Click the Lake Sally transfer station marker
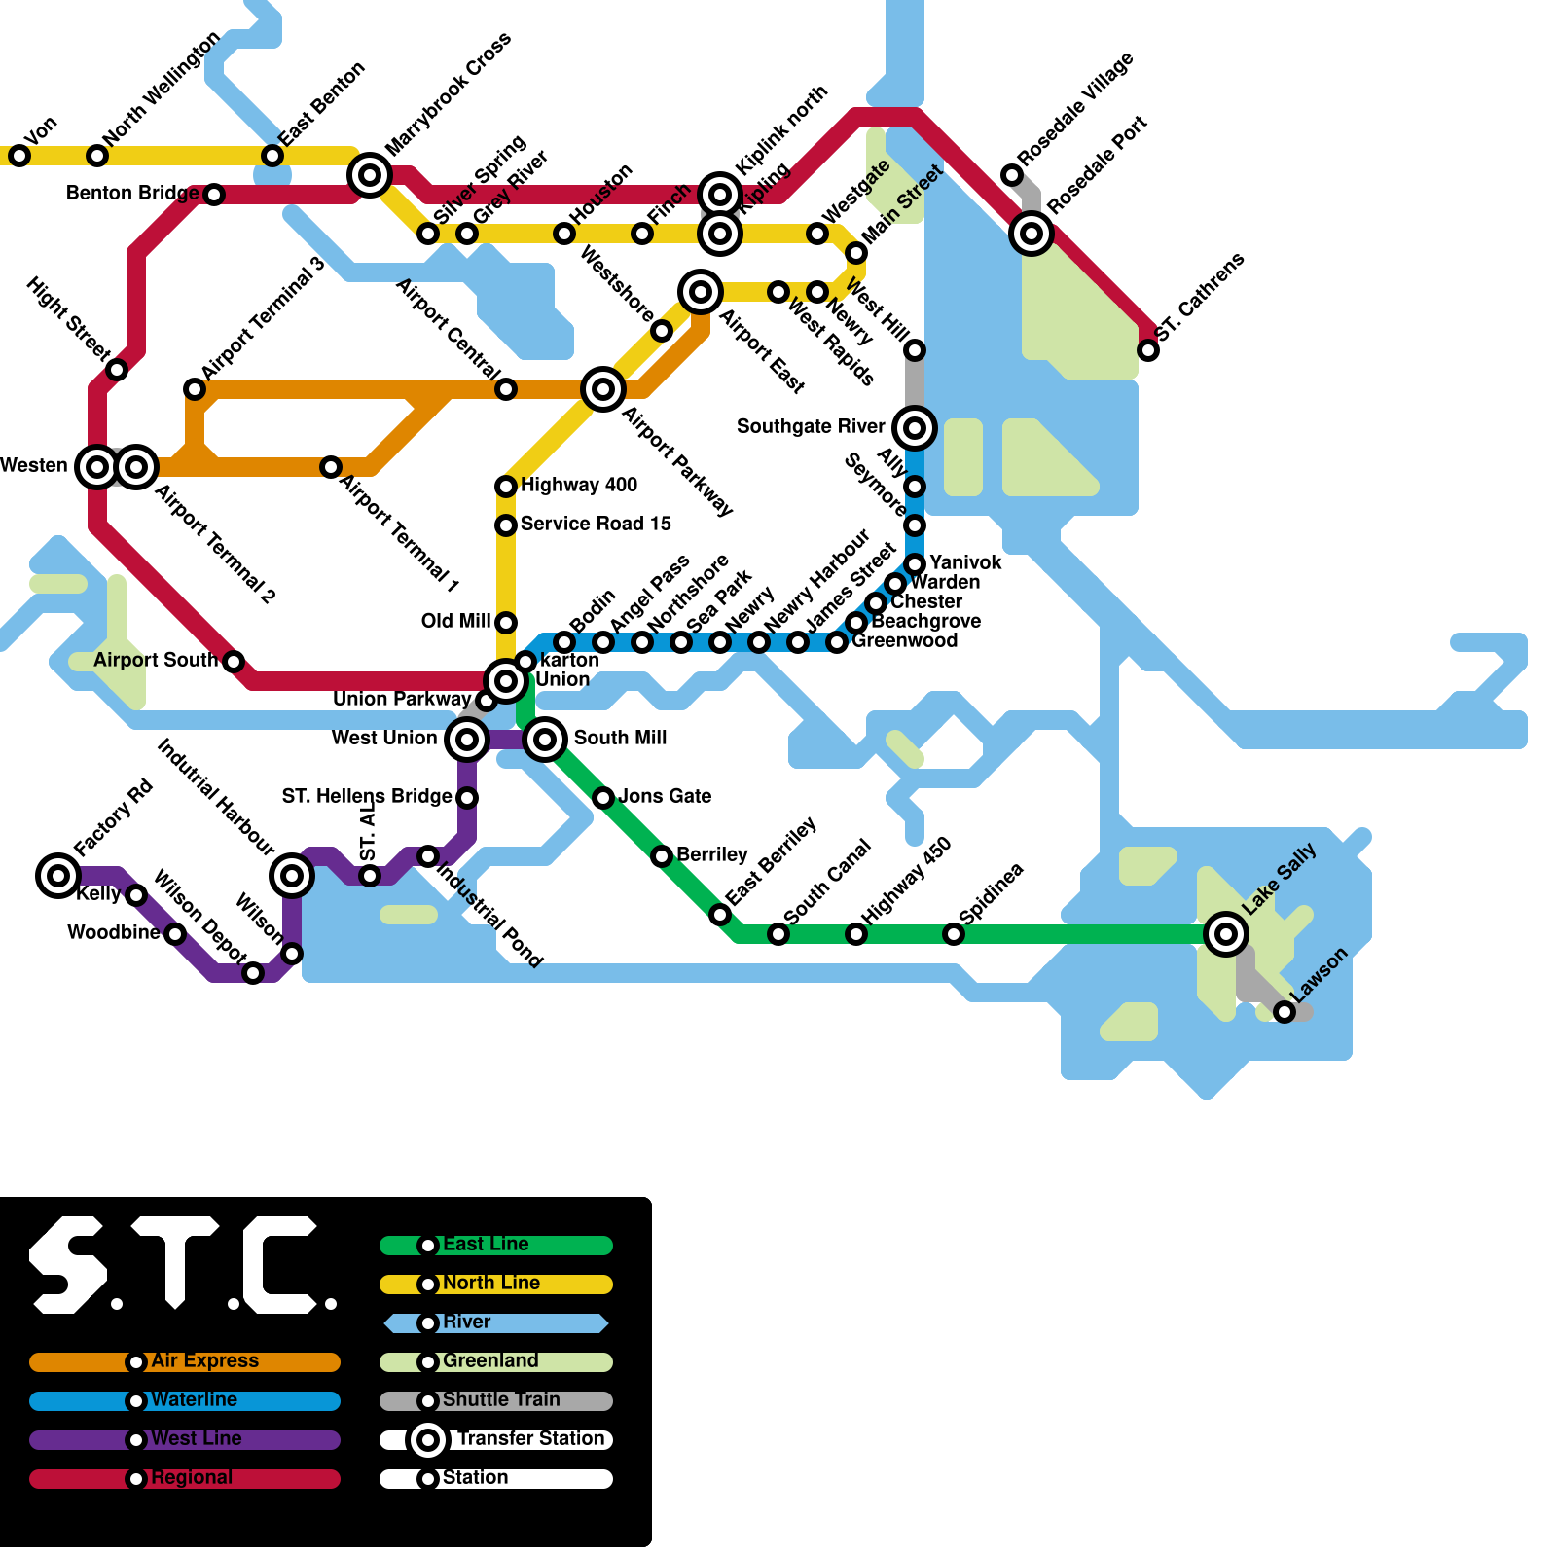click(1226, 934)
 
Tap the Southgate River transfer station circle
click(915, 428)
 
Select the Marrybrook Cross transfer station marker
click(370, 175)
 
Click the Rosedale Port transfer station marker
click(1032, 234)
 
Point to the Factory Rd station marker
click(58, 876)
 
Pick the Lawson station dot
click(1285, 1012)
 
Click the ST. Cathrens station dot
click(1148, 350)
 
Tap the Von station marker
click(19, 156)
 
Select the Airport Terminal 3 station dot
click(195, 389)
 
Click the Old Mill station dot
click(506, 623)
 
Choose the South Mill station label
click(620, 738)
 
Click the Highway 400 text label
click(579, 485)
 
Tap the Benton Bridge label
click(132, 193)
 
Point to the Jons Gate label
click(665, 796)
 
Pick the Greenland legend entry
click(490, 1361)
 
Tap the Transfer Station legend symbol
click(428, 1440)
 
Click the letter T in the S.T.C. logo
click(175, 1260)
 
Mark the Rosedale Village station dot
click(1012, 175)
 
